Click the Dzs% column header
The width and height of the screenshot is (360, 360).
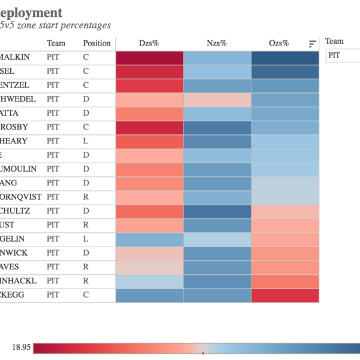149,43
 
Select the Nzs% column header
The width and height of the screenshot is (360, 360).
217,43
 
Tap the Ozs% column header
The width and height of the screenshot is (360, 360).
279,43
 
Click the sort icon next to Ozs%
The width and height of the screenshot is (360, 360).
313,44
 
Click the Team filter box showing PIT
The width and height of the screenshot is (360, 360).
342,55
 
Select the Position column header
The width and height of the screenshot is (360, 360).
97,43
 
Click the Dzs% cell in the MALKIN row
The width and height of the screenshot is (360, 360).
149,58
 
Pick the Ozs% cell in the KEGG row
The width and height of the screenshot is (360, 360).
285,295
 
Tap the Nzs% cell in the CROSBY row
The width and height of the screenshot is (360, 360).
217,127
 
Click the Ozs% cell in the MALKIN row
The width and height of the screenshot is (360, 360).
285,58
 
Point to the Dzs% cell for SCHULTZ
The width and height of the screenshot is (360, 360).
149,211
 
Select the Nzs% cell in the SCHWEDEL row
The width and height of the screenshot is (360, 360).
217,100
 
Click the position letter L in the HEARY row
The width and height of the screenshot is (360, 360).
86,142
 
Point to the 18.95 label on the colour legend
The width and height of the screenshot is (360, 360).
21,347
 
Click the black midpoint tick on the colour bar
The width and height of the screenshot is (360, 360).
203,353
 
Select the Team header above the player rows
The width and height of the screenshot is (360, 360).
56,43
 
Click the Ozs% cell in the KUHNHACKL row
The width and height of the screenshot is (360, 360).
285,281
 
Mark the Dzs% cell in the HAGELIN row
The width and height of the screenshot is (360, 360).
149,239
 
